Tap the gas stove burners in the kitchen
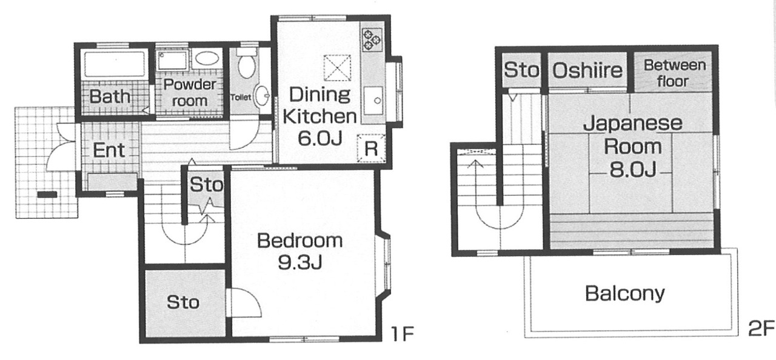[372, 39]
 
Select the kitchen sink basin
[373, 101]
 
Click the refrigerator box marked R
[371, 148]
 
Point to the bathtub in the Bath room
[114, 64]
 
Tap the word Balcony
[625, 294]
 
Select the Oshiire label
[587, 71]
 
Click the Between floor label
[674, 73]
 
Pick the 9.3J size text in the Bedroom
[300, 264]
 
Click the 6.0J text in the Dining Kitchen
[319, 139]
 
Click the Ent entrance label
[109, 150]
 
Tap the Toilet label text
[241, 98]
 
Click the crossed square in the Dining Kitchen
[337, 68]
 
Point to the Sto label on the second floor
[521, 70]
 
